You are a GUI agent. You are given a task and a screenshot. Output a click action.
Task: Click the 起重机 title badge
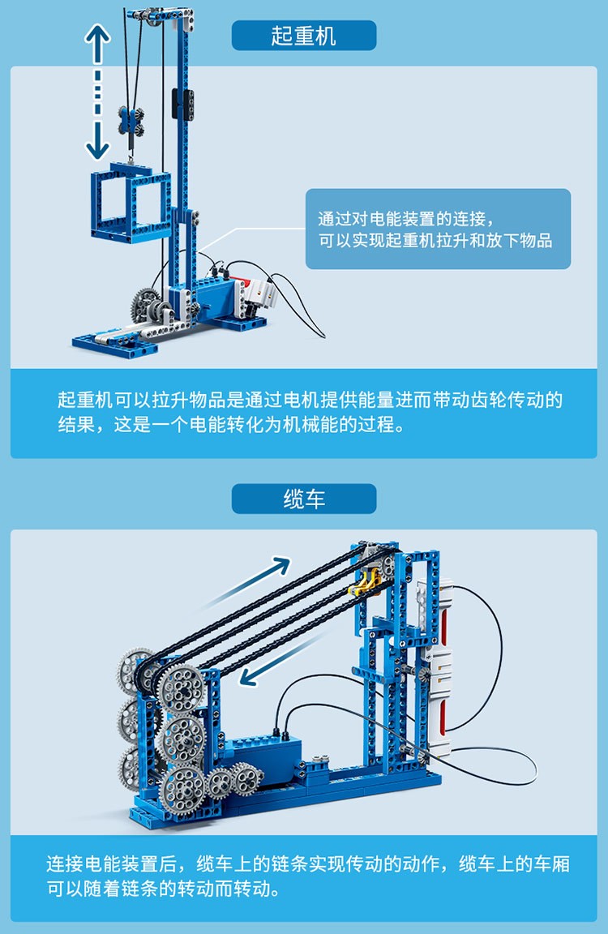(304, 35)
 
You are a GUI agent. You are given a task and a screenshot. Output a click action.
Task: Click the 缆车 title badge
(304, 499)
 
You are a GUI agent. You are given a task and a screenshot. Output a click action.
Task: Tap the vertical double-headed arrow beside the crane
(97, 92)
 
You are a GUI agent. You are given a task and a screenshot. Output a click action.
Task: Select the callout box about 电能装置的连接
(438, 229)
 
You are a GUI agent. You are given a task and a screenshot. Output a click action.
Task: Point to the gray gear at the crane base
(145, 304)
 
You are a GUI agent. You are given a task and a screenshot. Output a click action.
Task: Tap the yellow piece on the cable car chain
(365, 582)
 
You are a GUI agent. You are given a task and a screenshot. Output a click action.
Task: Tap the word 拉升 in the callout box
(438, 241)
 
